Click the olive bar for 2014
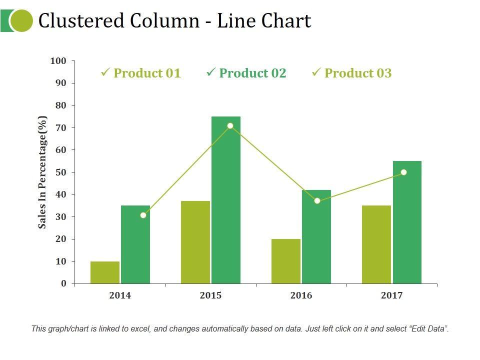105,272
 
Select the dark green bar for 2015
226,200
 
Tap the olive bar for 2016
286,261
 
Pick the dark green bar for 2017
407,222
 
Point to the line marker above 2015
230,125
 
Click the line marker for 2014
143,215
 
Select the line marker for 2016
317,200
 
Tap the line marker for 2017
403,172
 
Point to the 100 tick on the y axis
58,61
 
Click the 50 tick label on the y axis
60,172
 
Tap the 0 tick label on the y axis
63,283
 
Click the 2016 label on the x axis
301,295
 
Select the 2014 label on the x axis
120,295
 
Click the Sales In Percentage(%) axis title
43,172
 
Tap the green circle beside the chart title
21,20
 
